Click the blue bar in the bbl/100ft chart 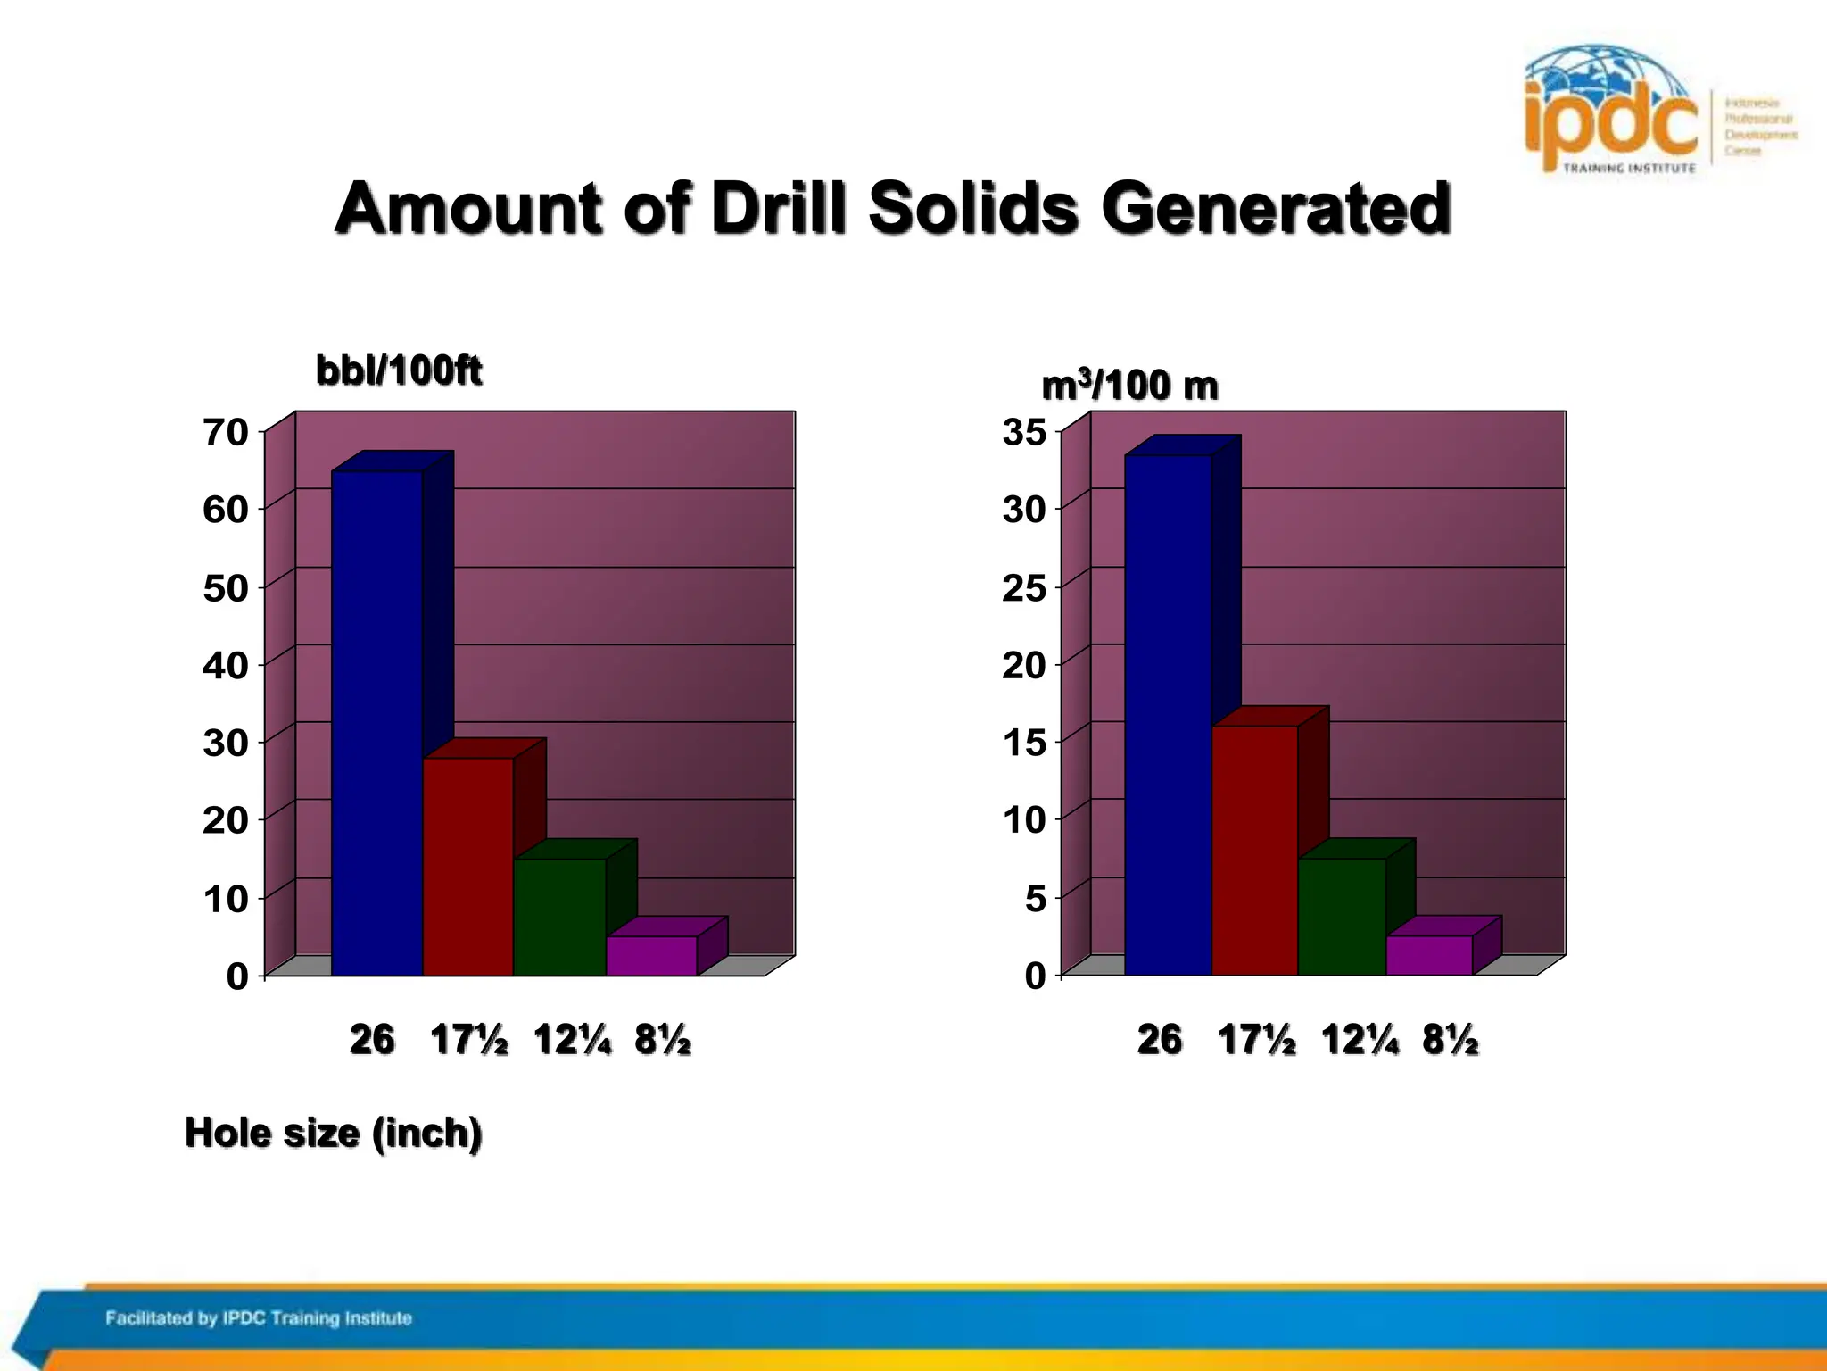(376, 723)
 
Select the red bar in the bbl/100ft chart (467, 866)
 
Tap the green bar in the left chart (559, 917)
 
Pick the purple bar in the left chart (651, 956)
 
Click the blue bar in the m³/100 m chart (1167, 714)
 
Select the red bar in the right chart (1253, 850)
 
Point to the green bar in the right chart (1341, 917)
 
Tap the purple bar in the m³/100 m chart (1428, 955)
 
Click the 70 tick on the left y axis (226, 432)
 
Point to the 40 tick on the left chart (226, 666)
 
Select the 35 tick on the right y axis (1024, 432)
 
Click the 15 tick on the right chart (1024, 743)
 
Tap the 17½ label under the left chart (469, 1041)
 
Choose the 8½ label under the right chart (1451, 1041)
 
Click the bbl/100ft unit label (399, 370)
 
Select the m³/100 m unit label (1129, 386)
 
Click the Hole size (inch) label (334, 1134)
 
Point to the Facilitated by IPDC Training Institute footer (259, 1318)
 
